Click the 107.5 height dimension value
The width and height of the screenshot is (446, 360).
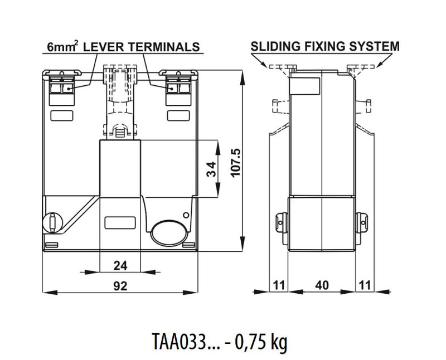click(236, 163)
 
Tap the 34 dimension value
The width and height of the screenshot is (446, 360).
click(212, 169)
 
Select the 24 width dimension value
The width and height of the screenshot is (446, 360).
click(120, 266)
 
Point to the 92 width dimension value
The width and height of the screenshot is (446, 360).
click(120, 286)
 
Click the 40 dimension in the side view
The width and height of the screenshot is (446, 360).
click(322, 285)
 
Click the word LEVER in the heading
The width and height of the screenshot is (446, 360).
click(103, 47)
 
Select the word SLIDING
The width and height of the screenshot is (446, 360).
click(275, 46)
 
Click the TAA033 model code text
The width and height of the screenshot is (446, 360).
click(178, 341)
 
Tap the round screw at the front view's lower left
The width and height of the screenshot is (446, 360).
click(52, 223)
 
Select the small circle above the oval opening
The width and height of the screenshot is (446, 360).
click(186, 215)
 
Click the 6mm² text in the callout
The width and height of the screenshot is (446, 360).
click(62, 46)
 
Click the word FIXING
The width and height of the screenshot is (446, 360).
click(325, 46)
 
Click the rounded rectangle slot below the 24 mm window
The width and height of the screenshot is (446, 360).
click(120, 223)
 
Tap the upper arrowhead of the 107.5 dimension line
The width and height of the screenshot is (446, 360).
click(243, 77)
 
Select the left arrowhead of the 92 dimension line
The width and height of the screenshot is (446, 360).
click(50, 292)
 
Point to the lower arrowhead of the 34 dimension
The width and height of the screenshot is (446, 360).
click(218, 189)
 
